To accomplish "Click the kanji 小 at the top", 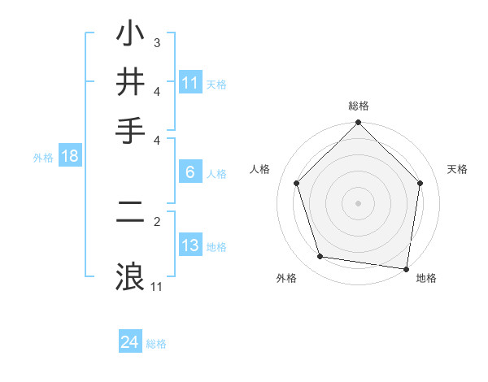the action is pyautogui.click(x=131, y=34).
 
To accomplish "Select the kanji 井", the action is pyautogui.click(x=131, y=82).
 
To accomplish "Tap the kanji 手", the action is pyautogui.click(x=131, y=130).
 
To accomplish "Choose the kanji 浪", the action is pyautogui.click(x=131, y=275).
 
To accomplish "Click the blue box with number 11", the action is pyautogui.click(x=190, y=83).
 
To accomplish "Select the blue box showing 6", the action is pyautogui.click(x=190, y=172).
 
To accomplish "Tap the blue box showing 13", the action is pyautogui.click(x=190, y=245).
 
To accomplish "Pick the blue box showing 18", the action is pyautogui.click(x=70, y=156).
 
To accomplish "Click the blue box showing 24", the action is pyautogui.click(x=130, y=342).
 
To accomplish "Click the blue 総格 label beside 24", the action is pyautogui.click(x=156, y=344).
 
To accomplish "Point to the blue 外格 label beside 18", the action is pyautogui.click(x=43, y=158).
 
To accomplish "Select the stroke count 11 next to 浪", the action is pyautogui.click(x=157, y=286).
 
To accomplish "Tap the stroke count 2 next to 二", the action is pyautogui.click(x=157, y=220).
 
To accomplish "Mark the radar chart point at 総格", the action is pyautogui.click(x=358, y=124).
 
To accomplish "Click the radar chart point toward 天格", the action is pyautogui.click(x=420, y=184).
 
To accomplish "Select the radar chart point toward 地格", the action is pyautogui.click(x=406, y=268).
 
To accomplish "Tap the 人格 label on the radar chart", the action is pyautogui.click(x=260, y=169).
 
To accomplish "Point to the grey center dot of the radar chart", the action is pyautogui.click(x=358, y=202).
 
